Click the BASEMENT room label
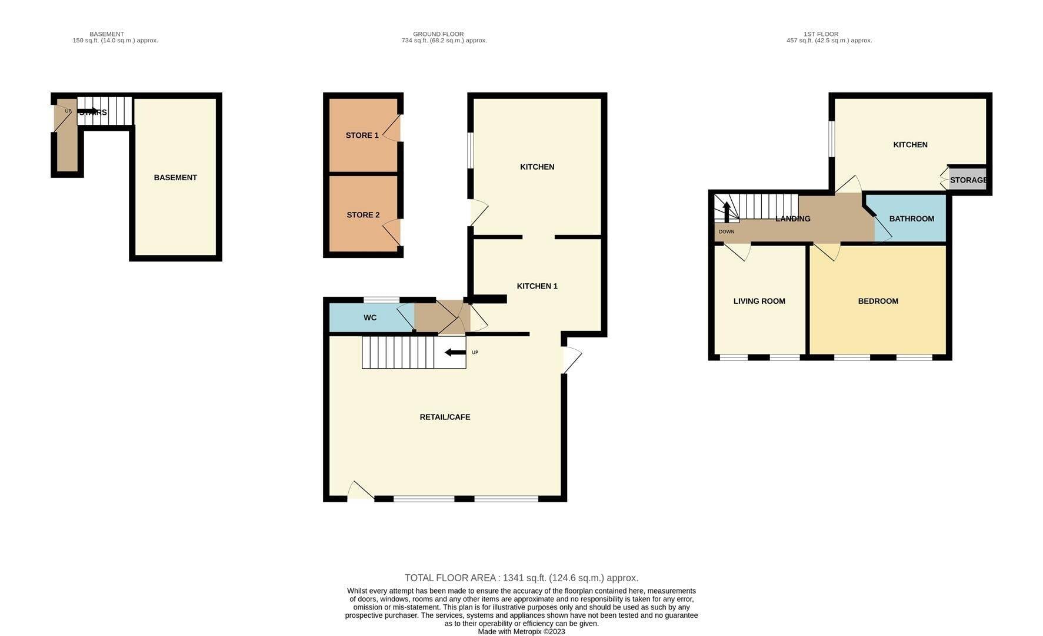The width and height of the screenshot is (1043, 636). coord(175,177)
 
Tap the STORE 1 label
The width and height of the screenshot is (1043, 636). coord(362,135)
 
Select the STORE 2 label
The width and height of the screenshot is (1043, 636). coord(363,215)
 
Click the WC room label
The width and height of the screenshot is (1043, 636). coord(370,317)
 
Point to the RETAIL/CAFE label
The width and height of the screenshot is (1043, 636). coord(445,417)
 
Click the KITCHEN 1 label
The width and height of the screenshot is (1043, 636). coord(537,286)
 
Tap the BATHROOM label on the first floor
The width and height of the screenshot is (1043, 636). coord(912,218)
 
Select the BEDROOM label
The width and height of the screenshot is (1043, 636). coord(878,301)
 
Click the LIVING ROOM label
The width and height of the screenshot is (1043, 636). coord(759,301)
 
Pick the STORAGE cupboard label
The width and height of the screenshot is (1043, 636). coord(968,180)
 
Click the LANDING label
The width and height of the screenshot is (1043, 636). coord(793,218)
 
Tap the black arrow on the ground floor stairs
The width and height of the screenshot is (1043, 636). coord(455,353)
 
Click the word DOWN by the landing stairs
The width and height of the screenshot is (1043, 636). coord(727,232)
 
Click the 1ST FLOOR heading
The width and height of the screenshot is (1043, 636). coord(821,34)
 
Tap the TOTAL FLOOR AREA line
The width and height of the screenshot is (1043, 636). coord(521,578)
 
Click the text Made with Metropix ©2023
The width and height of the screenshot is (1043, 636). coord(521,632)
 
